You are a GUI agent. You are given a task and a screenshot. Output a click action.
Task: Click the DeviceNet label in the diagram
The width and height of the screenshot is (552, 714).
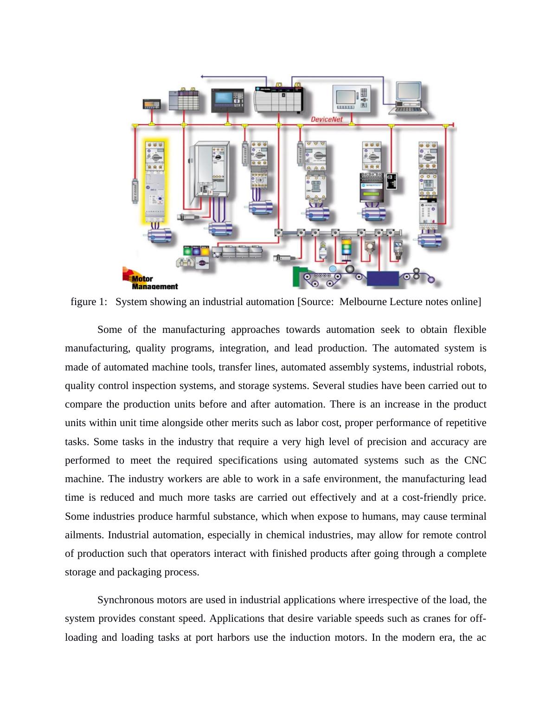point(327,120)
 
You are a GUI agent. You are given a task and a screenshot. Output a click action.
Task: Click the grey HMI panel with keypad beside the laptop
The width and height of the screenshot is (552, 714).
point(353,99)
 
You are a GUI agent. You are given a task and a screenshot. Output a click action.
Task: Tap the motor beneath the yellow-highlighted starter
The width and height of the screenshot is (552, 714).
point(158,235)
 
